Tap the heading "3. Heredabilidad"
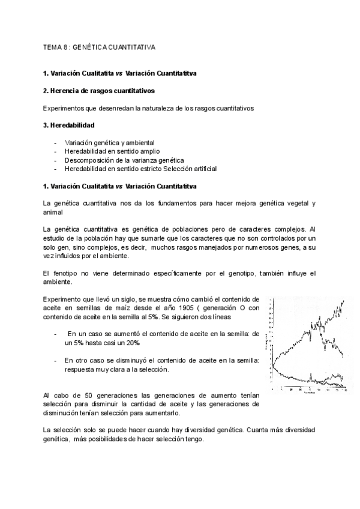click(68, 125)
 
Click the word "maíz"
click(116, 309)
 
